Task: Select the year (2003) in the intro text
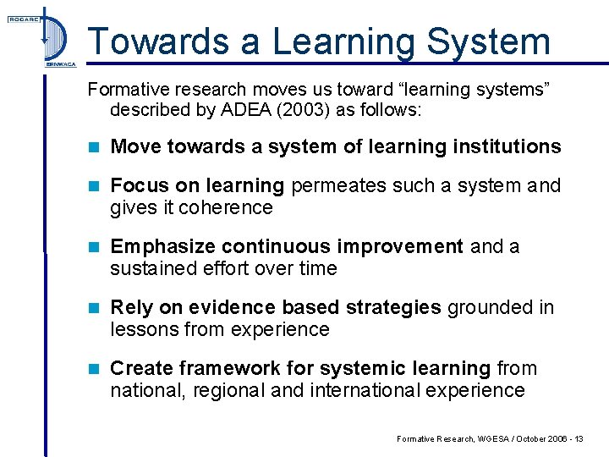(295, 110)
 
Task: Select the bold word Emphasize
(163, 246)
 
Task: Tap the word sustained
(151, 268)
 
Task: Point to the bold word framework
(213, 368)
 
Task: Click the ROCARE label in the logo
(23, 18)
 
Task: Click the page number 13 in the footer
(578, 438)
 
